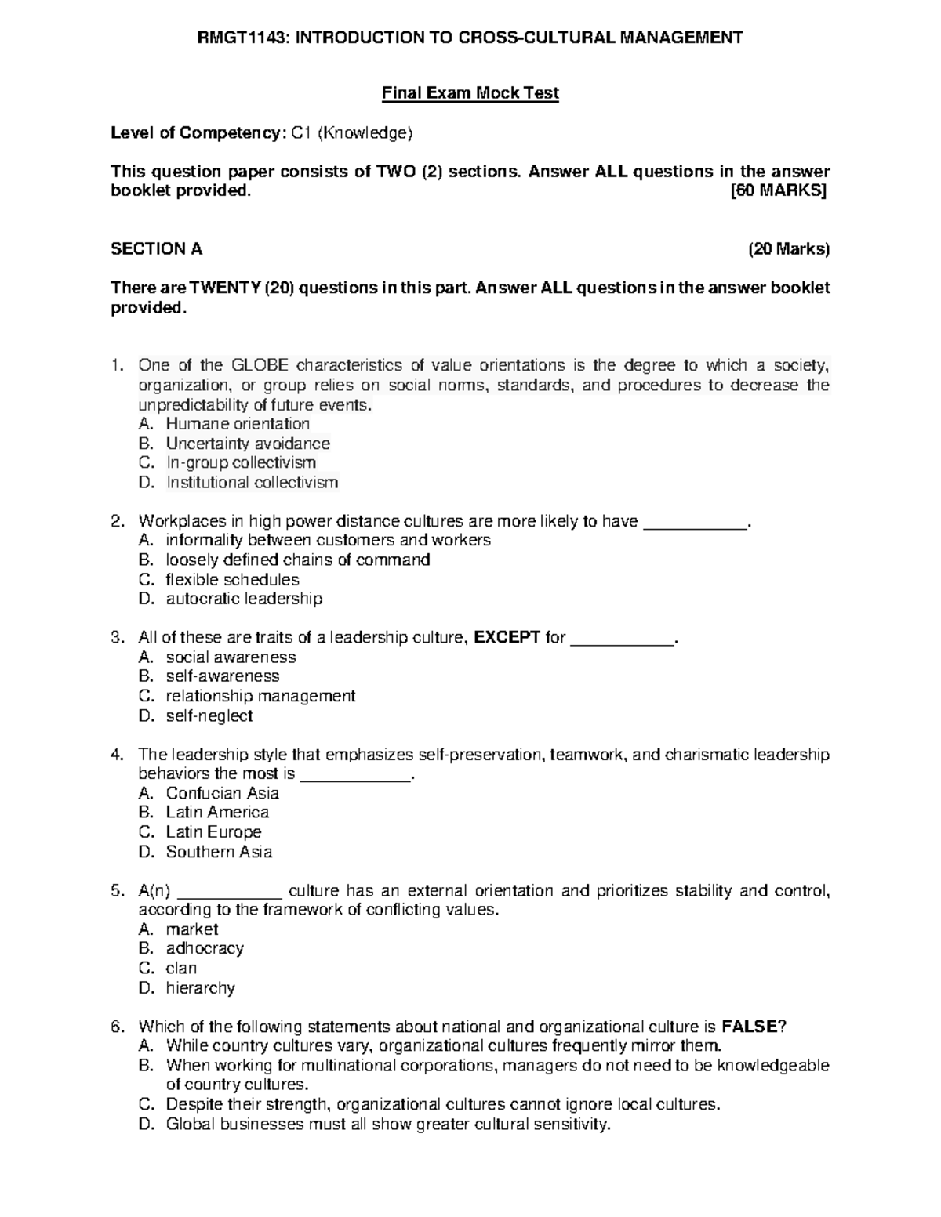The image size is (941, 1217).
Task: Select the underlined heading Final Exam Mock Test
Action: (x=470, y=93)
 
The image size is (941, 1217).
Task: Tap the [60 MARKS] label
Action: (x=779, y=191)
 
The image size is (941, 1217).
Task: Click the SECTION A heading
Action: (x=157, y=249)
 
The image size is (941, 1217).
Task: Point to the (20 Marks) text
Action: (x=788, y=249)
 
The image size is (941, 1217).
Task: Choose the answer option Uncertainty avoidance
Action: (x=248, y=444)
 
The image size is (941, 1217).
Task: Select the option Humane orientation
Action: (x=238, y=424)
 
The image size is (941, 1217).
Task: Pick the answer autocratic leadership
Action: (x=244, y=599)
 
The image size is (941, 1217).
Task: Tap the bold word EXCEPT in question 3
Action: (x=508, y=637)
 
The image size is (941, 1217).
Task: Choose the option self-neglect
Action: (x=209, y=715)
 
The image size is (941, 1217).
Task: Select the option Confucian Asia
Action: (x=223, y=793)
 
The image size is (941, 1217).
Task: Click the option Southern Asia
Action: (x=220, y=852)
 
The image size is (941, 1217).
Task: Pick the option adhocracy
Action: (x=205, y=948)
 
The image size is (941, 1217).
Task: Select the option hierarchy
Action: (x=201, y=987)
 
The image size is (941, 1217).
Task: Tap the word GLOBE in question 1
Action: (x=260, y=365)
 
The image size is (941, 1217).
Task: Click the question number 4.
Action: (x=117, y=755)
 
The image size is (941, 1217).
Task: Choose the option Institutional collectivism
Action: (x=252, y=483)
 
